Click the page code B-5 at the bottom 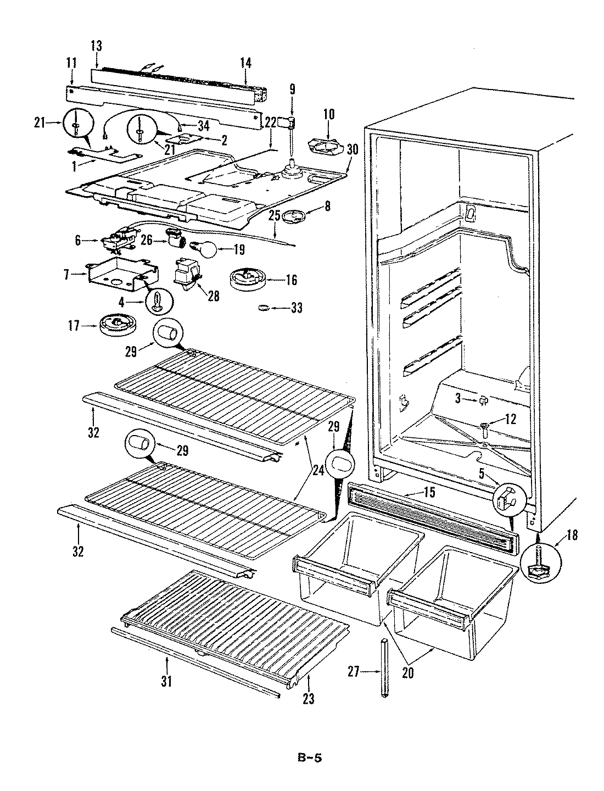tap(311, 758)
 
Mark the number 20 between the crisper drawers tap(407, 673)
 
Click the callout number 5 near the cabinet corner tap(482, 472)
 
